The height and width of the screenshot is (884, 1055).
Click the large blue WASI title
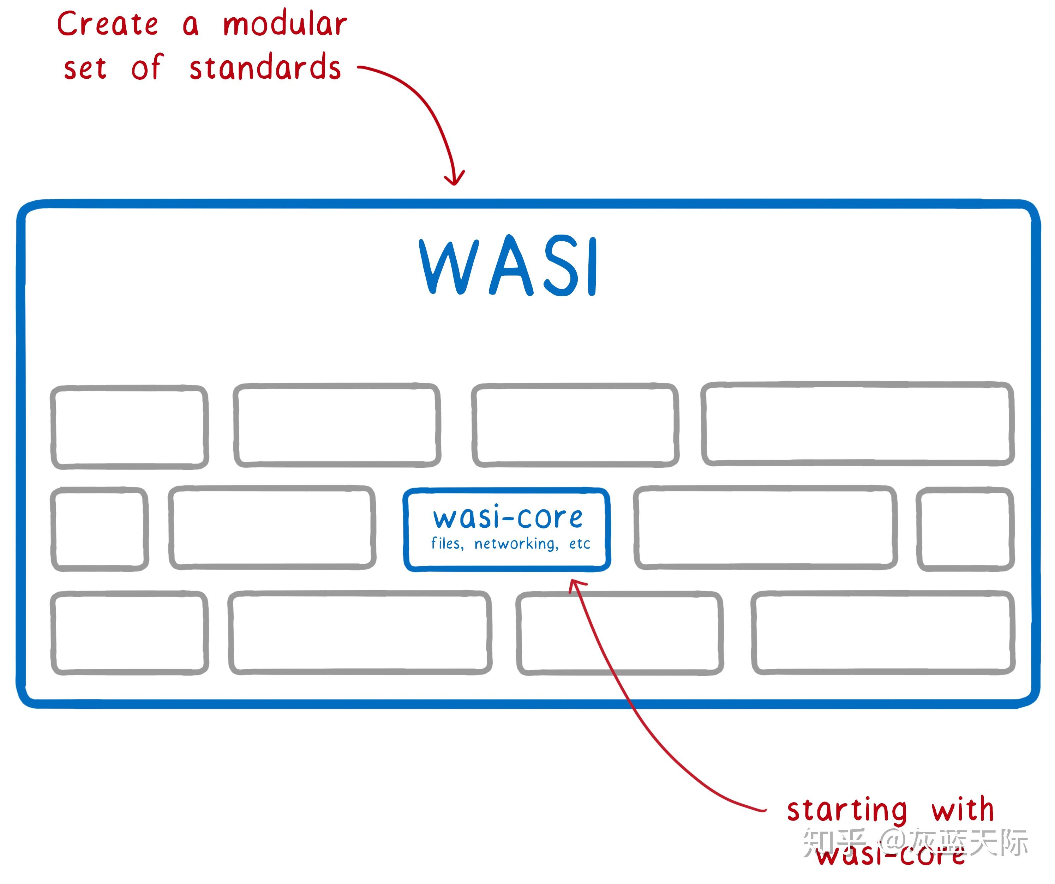click(508, 266)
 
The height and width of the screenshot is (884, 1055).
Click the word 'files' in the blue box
click(446, 544)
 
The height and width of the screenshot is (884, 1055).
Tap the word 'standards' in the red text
click(265, 68)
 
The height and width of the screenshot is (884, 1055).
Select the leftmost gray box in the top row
click(130, 427)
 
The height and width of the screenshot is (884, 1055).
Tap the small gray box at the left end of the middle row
click(100, 528)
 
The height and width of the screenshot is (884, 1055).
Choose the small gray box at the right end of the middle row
click(965, 528)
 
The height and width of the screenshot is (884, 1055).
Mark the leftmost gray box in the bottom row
click(130, 632)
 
